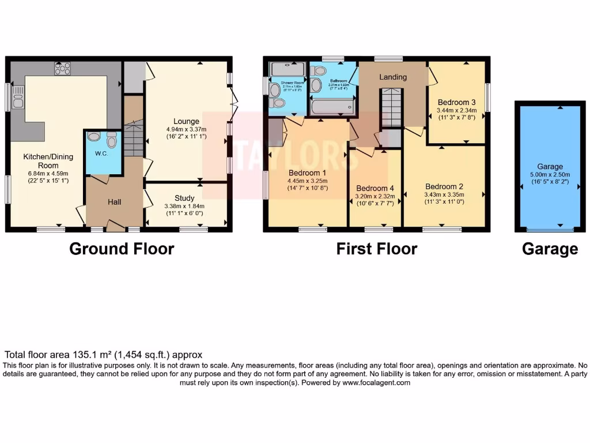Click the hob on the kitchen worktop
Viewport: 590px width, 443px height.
click(x=63, y=69)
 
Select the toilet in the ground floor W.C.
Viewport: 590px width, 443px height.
click(x=112, y=140)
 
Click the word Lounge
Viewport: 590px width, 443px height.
click(x=186, y=121)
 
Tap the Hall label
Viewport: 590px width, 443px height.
click(x=115, y=202)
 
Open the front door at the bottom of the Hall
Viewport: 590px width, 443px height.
click(x=115, y=226)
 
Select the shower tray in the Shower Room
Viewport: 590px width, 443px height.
click(x=287, y=69)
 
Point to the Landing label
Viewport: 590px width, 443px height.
click(x=393, y=77)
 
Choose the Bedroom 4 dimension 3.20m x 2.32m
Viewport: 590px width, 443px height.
click(x=375, y=196)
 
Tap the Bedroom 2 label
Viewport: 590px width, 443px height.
click(x=444, y=186)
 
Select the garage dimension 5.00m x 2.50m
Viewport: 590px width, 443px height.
click(x=550, y=174)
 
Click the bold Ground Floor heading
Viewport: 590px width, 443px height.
click(x=122, y=249)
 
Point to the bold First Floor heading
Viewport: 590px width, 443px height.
click(x=377, y=249)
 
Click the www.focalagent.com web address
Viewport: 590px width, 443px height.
click(x=376, y=382)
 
